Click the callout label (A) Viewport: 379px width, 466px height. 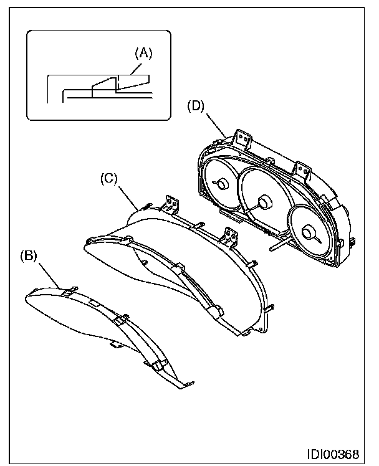click(x=143, y=54)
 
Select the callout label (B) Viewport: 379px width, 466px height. click(x=29, y=256)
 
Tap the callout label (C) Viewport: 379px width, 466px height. click(x=109, y=179)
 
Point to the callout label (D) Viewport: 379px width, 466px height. click(x=196, y=106)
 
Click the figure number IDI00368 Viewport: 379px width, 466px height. click(x=333, y=454)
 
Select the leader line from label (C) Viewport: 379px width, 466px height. click(x=128, y=198)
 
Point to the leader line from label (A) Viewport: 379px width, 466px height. click(x=137, y=68)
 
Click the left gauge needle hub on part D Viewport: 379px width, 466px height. click(x=222, y=184)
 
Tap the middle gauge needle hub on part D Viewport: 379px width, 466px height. click(x=263, y=203)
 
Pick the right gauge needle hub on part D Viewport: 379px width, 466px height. click(x=308, y=232)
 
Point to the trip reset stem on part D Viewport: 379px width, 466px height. click(x=280, y=244)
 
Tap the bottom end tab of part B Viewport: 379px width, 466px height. click(x=186, y=385)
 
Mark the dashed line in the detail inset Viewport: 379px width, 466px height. click(x=118, y=82)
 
